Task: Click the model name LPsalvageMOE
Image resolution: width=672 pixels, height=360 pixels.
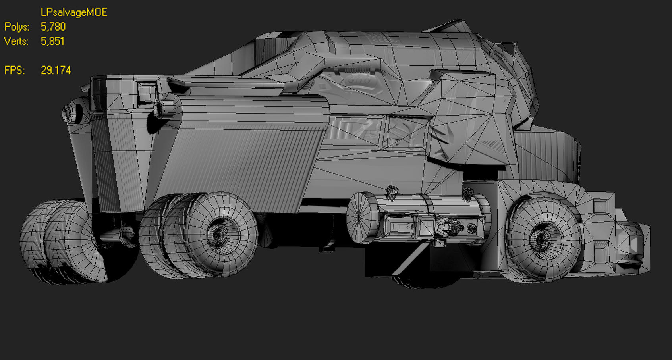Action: tap(74, 12)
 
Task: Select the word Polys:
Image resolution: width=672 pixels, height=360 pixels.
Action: tap(17, 27)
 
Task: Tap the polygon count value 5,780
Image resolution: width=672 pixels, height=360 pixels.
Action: tap(53, 27)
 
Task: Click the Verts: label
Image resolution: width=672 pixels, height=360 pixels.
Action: tap(16, 41)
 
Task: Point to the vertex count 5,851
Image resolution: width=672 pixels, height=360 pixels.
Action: tap(52, 41)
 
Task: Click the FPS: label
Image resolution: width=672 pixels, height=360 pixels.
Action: tap(15, 71)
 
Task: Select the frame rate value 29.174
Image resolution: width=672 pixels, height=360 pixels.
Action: tap(56, 71)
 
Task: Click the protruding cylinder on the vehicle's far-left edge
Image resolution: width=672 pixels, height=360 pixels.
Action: tap(71, 113)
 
